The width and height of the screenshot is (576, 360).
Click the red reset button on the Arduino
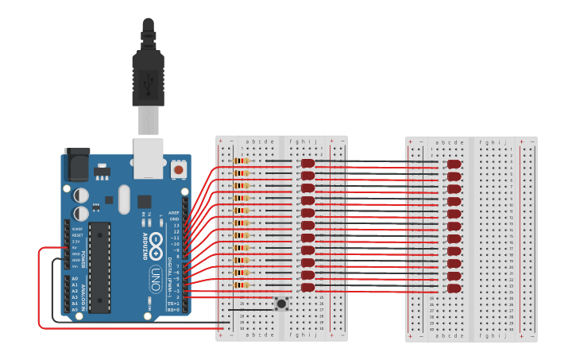click(179, 170)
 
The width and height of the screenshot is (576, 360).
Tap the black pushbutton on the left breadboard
click(280, 304)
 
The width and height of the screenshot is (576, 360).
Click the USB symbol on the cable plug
click(149, 79)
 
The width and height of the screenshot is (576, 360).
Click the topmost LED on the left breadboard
click(307, 164)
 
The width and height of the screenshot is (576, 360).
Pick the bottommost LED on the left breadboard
click(307, 287)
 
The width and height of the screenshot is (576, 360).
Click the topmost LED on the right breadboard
click(454, 165)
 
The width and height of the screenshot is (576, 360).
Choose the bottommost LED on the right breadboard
click(454, 288)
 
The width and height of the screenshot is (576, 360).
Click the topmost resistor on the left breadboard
click(242, 161)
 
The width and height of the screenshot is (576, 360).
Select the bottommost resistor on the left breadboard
click(242, 285)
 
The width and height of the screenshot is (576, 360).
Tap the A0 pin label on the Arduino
click(75, 280)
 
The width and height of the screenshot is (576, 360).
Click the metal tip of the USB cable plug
click(148, 121)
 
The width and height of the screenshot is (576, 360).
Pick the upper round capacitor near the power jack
click(81, 195)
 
